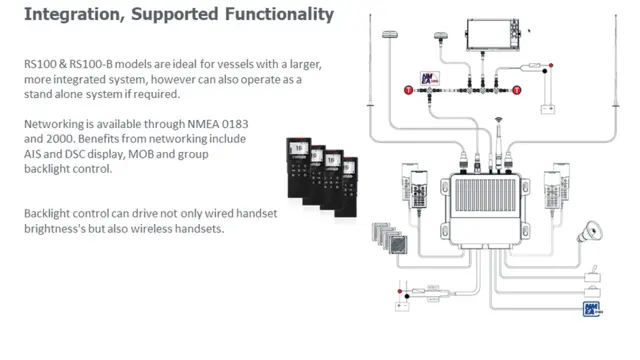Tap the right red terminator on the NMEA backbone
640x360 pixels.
[x=517, y=90]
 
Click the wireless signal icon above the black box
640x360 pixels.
[x=496, y=127]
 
